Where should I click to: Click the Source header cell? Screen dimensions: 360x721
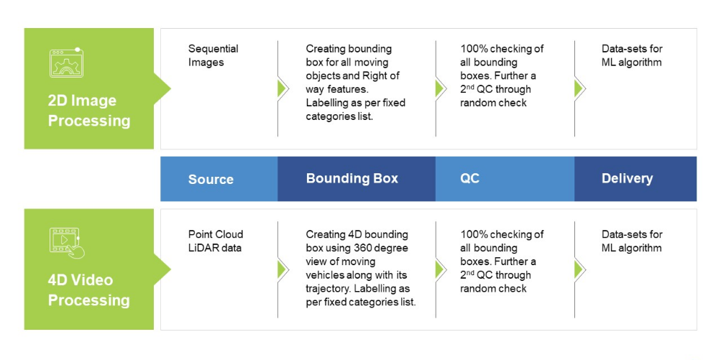211,179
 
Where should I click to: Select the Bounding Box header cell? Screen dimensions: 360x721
352,178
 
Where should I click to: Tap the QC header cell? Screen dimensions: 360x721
469,178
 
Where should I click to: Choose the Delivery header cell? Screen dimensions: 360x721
627,178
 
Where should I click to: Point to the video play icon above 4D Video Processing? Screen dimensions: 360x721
66,241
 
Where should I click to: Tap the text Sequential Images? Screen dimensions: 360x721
213,55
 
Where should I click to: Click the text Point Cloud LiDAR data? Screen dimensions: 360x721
216,241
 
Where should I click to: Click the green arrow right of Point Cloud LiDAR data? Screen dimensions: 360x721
283,269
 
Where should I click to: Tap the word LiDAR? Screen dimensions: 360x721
203,248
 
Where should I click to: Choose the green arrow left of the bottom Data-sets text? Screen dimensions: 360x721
579,269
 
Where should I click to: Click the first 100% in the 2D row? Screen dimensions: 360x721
474,49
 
